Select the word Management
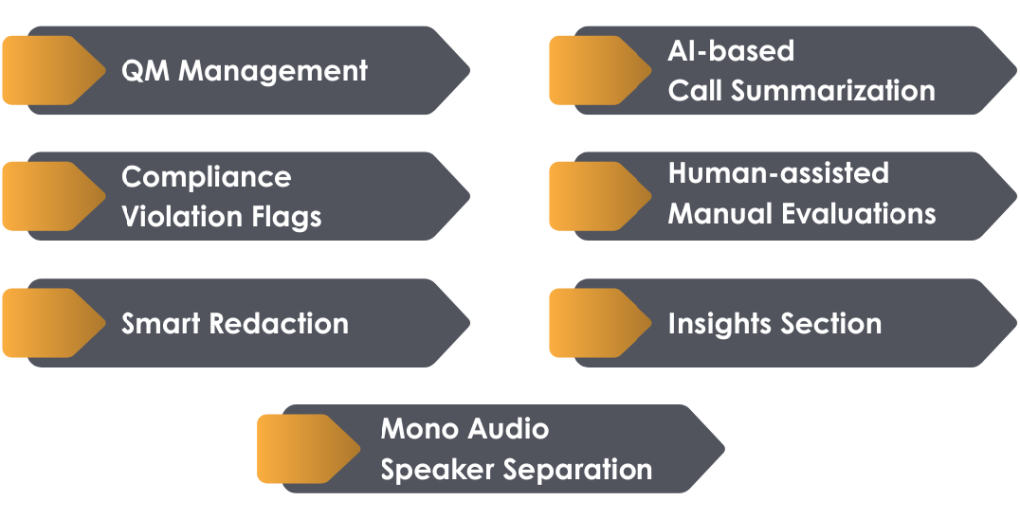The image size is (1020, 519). [x=273, y=71]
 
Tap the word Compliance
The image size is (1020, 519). [x=205, y=177]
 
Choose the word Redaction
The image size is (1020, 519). [x=279, y=323]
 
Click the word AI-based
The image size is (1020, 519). [x=730, y=51]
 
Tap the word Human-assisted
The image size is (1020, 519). [x=777, y=173]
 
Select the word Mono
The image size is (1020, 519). [x=417, y=429]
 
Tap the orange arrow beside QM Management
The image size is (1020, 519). [x=52, y=70]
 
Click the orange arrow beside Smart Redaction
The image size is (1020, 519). [x=52, y=322]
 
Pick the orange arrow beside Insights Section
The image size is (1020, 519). [x=599, y=322]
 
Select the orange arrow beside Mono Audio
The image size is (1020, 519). [x=307, y=448]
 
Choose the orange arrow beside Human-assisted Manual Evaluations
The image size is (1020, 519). [x=599, y=195]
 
